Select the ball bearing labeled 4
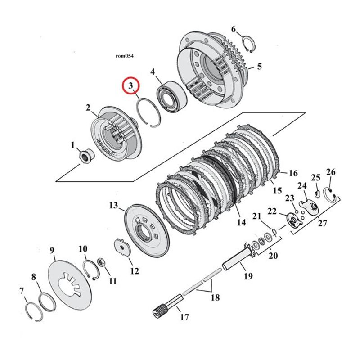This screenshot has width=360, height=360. [171, 97]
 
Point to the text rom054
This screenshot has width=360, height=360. [125, 56]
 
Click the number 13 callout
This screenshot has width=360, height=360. [113, 205]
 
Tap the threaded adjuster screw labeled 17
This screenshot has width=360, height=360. [168, 306]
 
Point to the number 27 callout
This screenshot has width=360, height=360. [322, 223]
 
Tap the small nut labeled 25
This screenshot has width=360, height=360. [317, 194]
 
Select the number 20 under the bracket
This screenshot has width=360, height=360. [273, 256]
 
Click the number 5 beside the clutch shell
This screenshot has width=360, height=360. [259, 67]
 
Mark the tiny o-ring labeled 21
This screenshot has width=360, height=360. [274, 232]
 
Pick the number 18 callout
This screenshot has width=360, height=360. [215, 297]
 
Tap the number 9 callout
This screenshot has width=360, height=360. [52, 251]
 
